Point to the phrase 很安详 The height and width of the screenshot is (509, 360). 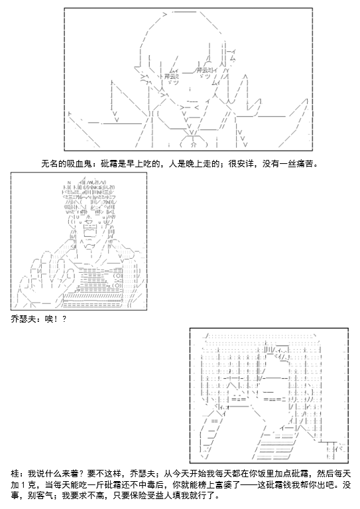(x=241, y=164)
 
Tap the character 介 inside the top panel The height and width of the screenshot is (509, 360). (x=194, y=145)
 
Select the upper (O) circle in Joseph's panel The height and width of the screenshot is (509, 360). (x=118, y=276)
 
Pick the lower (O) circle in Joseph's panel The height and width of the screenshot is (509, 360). (x=118, y=285)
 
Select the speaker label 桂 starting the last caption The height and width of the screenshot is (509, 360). (x=15, y=474)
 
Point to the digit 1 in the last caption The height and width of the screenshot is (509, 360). (x=23, y=485)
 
